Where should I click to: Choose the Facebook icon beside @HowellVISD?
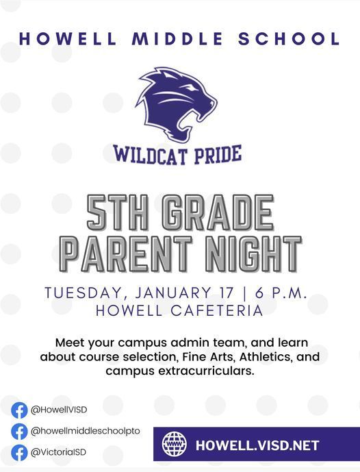(19, 410)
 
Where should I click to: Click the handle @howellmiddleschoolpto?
(85, 431)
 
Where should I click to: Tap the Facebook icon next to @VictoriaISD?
(19, 452)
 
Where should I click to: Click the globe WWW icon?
(175, 445)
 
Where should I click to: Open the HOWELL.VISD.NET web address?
(257, 445)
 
